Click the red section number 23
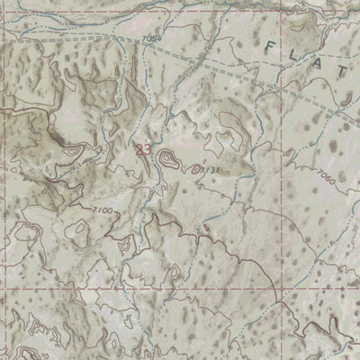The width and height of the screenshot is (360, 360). pyautogui.click(x=143, y=150)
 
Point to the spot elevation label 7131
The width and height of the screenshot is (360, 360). pyautogui.click(x=210, y=168)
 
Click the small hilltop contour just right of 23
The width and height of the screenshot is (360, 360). pyautogui.click(x=166, y=160)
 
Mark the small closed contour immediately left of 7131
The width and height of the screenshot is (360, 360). pyautogui.click(x=192, y=167)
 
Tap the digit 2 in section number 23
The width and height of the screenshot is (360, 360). pyautogui.click(x=139, y=150)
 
